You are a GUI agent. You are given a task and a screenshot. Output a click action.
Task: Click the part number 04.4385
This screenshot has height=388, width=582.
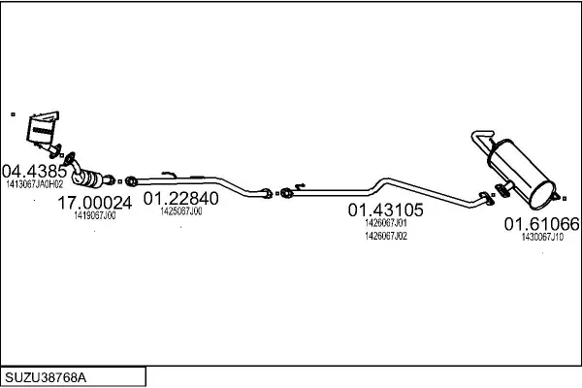point(34,171)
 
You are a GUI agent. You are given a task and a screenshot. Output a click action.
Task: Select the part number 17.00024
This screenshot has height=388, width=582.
point(95,203)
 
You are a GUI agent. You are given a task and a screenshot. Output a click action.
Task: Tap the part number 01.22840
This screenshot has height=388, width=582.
point(180,198)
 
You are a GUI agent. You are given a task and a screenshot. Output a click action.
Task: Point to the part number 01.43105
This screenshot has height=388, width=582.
point(385,210)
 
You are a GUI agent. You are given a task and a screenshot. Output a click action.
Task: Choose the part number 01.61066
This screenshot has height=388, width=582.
point(541,224)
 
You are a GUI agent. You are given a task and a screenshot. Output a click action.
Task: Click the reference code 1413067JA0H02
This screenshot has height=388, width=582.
point(35,184)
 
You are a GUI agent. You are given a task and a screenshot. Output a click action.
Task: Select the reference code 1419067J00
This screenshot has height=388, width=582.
point(95,215)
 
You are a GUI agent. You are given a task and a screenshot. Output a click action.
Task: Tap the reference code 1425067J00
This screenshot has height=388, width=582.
point(181,211)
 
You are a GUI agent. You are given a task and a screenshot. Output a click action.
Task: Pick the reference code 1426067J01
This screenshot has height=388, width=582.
point(386,223)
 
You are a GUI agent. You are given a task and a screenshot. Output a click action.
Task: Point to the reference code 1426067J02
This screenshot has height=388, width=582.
point(386,236)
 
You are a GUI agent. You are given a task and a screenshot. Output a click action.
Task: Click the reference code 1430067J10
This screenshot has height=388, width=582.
point(542,237)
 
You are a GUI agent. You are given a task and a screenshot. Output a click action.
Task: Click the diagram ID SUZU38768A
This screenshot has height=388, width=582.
point(46,377)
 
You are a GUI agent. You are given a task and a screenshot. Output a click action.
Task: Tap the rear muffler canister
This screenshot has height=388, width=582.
point(522,173)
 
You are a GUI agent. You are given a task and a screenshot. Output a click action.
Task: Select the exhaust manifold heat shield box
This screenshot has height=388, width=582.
point(43,128)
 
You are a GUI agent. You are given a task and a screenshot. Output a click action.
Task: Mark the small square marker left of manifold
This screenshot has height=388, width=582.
point(13,114)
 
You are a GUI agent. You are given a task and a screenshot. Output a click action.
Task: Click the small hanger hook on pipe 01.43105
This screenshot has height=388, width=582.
point(300,185)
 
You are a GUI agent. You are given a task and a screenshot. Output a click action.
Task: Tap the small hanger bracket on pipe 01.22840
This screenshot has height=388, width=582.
point(169,174)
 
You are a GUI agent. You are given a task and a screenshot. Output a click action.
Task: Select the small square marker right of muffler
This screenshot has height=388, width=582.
point(565,199)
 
